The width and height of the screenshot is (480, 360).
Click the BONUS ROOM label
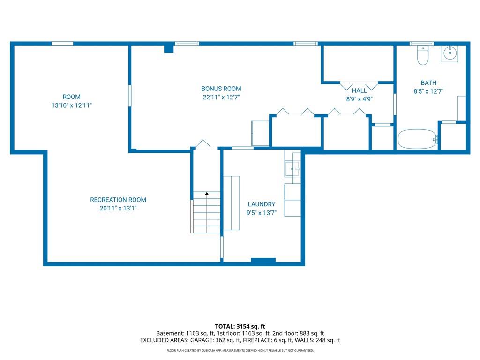click(221, 89)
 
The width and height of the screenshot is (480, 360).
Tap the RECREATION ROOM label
click(118, 200)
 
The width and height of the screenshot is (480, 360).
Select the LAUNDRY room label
click(262, 204)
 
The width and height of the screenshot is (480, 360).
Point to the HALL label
click(359, 90)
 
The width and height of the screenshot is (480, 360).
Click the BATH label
click(428, 83)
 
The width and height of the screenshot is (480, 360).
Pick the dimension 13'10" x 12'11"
click(72, 105)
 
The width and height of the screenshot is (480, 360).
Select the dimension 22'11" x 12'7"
click(221, 97)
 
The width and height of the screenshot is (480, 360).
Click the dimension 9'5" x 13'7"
click(262, 213)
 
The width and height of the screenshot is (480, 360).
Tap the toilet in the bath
click(423, 55)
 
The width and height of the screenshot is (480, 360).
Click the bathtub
click(417, 139)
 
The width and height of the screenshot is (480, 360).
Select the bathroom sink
click(450, 53)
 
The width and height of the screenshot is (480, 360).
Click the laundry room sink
click(292, 169)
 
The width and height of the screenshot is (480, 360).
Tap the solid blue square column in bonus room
click(169, 49)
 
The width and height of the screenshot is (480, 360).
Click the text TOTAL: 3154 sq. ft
click(240, 326)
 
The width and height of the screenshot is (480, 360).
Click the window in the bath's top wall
click(421, 44)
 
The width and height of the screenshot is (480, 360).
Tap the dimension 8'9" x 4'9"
click(359, 99)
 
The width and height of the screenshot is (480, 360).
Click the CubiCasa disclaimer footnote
click(240, 350)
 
